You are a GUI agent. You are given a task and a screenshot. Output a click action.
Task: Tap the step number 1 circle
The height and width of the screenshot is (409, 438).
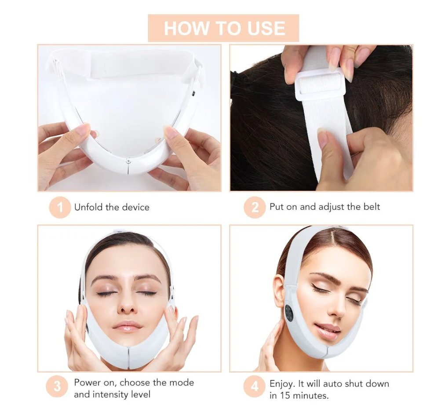[x=60, y=208]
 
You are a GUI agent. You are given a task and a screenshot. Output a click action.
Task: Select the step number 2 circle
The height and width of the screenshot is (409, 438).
[x=255, y=208]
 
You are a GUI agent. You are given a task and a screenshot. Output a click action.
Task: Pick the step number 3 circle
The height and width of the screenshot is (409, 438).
[x=57, y=387]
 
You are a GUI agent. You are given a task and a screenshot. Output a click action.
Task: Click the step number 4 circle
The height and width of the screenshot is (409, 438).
[x=254, y=387]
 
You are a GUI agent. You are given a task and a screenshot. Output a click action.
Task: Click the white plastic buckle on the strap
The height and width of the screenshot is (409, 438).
[x=321, y=84]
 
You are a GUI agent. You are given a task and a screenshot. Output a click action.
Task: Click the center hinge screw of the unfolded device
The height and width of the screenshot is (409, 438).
[x=128, y=161]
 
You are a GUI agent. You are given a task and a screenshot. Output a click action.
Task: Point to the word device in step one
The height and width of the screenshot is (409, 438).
[x=136, y=207]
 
